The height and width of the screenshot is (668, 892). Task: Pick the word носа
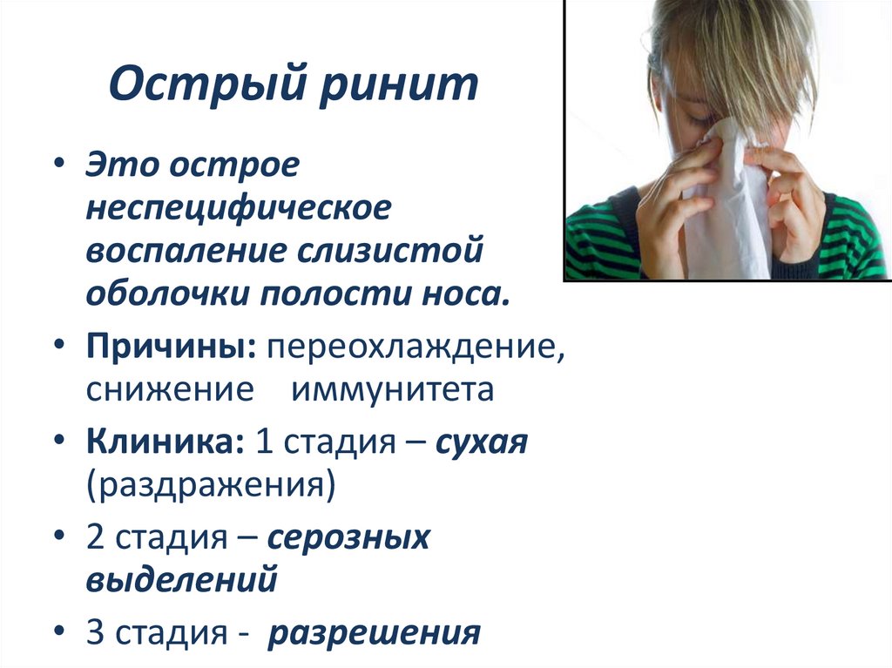pos(466,292)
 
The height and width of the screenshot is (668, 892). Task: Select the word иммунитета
pos(392,388)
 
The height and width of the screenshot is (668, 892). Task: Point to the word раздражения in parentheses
pos(210,483)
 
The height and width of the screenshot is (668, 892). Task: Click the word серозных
pos(348,536)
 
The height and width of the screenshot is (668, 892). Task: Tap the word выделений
pos(181,578)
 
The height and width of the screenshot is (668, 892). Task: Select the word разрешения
pos(375,631)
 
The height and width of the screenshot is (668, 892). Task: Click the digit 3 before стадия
pos(94,631)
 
